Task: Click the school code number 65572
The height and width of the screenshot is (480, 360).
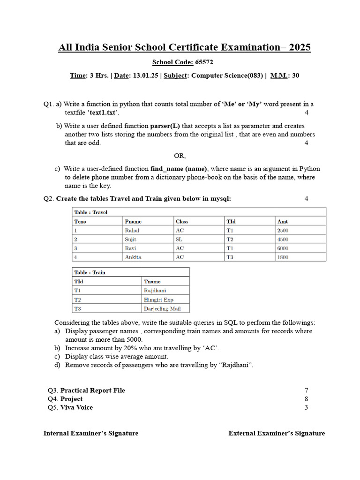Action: [204, 62]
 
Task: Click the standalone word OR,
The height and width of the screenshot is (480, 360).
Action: [180, 156]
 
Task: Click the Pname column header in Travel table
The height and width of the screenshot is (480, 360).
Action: [133, 221]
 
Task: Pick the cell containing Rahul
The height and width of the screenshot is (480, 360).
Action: [132, 230]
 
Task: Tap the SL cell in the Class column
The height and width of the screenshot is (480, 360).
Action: [179, 239]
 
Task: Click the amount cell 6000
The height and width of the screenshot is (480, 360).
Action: [283, 248]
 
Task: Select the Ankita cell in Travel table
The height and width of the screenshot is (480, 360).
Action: [133, 257]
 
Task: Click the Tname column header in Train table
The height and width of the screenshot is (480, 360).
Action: [152, 281]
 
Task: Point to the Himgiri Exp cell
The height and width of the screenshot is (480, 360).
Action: [158, 300]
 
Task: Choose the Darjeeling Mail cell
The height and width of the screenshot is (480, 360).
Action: [162, 308]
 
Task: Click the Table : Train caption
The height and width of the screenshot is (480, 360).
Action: [90, 272]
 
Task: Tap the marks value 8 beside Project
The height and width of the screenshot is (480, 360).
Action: [306, 399]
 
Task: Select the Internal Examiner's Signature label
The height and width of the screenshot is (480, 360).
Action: [91, 433]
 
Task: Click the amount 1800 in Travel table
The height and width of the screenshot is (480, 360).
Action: [283, 257]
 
